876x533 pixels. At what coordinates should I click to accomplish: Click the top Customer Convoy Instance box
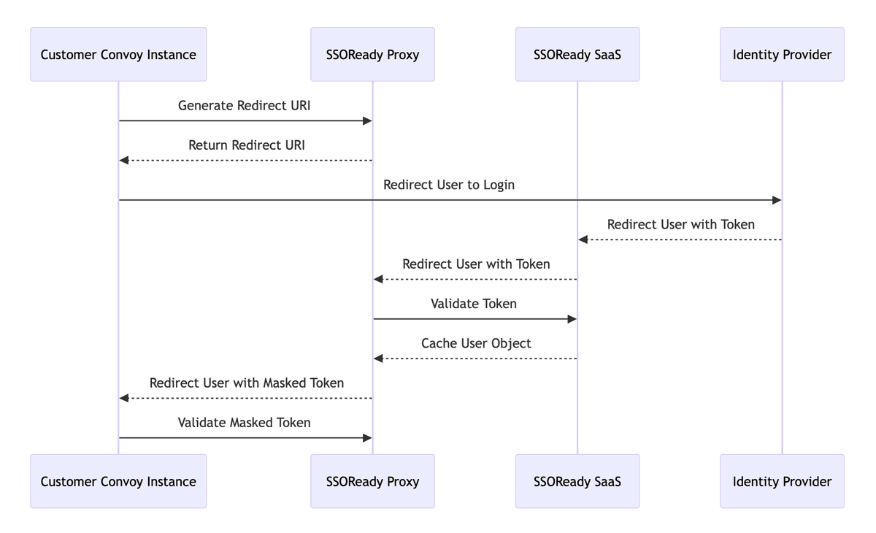(118, 54)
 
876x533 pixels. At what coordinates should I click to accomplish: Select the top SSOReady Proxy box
(372, 54)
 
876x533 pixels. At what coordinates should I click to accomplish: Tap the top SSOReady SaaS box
(577, 54)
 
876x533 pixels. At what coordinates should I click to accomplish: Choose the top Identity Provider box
(782, 54)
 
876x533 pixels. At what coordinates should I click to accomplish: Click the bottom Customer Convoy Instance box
(118, 481)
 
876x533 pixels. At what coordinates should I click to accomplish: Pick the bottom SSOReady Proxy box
(372, 481)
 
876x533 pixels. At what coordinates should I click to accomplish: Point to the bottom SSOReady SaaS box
(577, 481)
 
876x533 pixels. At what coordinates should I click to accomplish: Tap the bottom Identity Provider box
(782, 481)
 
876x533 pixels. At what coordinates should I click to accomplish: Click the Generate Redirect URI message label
(244, 106)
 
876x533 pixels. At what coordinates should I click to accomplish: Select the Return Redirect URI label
(246, 145)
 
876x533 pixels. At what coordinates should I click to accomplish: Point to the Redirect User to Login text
(449, 185)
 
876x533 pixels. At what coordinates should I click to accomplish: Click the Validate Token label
(474, 304)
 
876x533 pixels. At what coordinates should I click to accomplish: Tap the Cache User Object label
(476, 343)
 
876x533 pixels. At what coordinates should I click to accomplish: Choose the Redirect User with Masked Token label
(246, 383)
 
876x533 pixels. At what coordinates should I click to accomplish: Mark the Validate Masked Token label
(244, 423)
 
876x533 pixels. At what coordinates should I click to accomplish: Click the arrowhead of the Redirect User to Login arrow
(777, 200)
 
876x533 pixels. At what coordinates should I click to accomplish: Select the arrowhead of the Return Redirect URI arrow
(124, 161)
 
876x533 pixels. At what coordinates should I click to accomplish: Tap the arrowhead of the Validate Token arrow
(572, 319)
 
